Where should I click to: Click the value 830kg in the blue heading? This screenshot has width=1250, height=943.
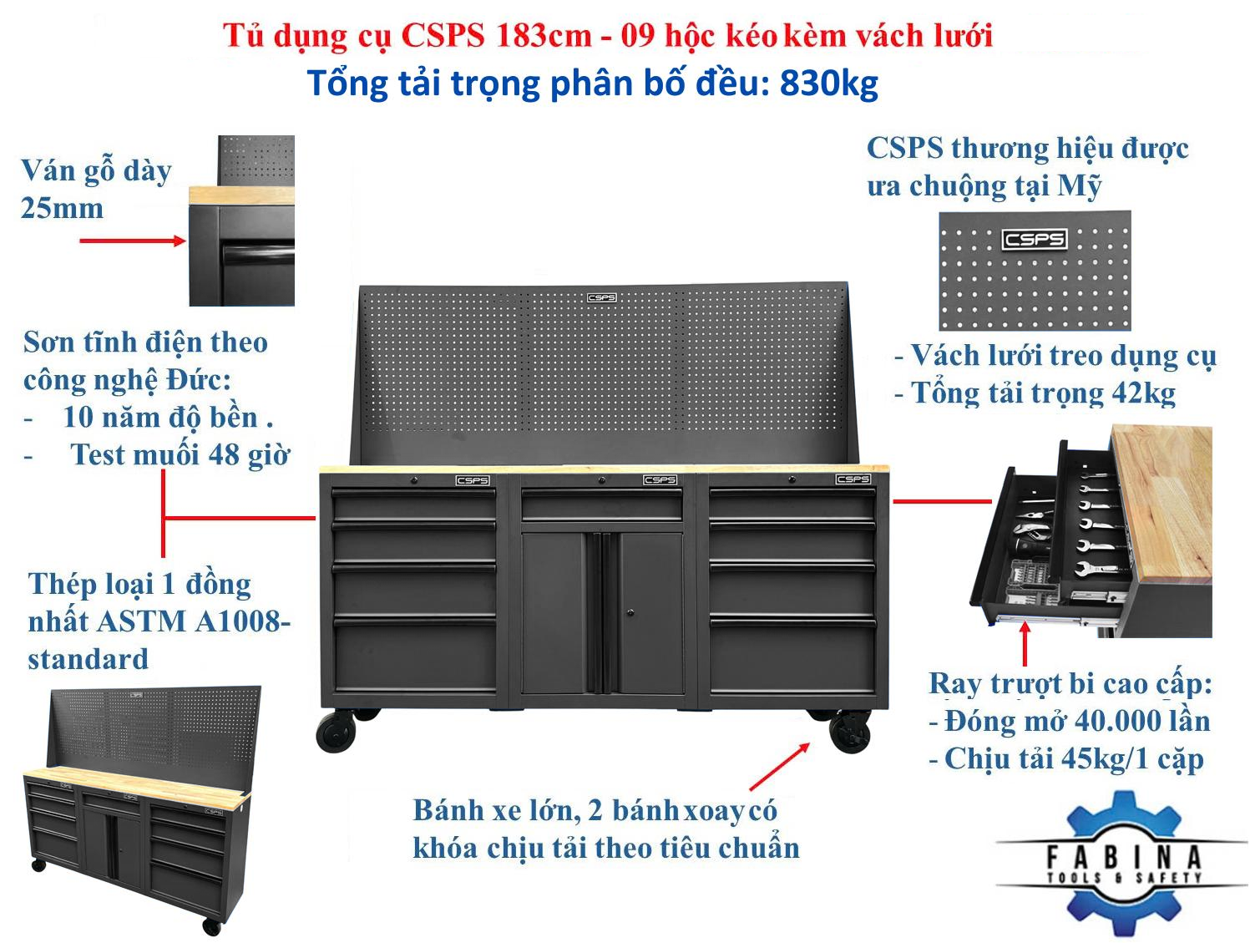(x=828, y=84)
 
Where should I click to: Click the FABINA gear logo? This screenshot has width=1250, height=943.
(x=1121, y=862)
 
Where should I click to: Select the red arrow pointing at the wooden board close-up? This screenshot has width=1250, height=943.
(x=132, y=241)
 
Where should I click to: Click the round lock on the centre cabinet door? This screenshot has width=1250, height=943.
(x=630, y=612)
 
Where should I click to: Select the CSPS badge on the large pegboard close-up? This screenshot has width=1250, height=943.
(x=1034, y=239)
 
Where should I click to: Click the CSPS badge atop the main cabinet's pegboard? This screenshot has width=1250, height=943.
(x=601, y=297)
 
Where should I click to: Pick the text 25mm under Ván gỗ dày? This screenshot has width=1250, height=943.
(x=62, y=209)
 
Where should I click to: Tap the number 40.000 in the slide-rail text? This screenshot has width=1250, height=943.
(x=1106, y=721)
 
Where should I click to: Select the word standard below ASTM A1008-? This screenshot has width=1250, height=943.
(x=89, y=659)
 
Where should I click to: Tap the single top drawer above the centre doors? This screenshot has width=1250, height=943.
(x=602, y=504)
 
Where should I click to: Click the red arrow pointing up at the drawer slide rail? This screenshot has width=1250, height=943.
(x=1025, y=644)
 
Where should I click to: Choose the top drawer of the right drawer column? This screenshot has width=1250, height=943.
(x=792, y=504)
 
